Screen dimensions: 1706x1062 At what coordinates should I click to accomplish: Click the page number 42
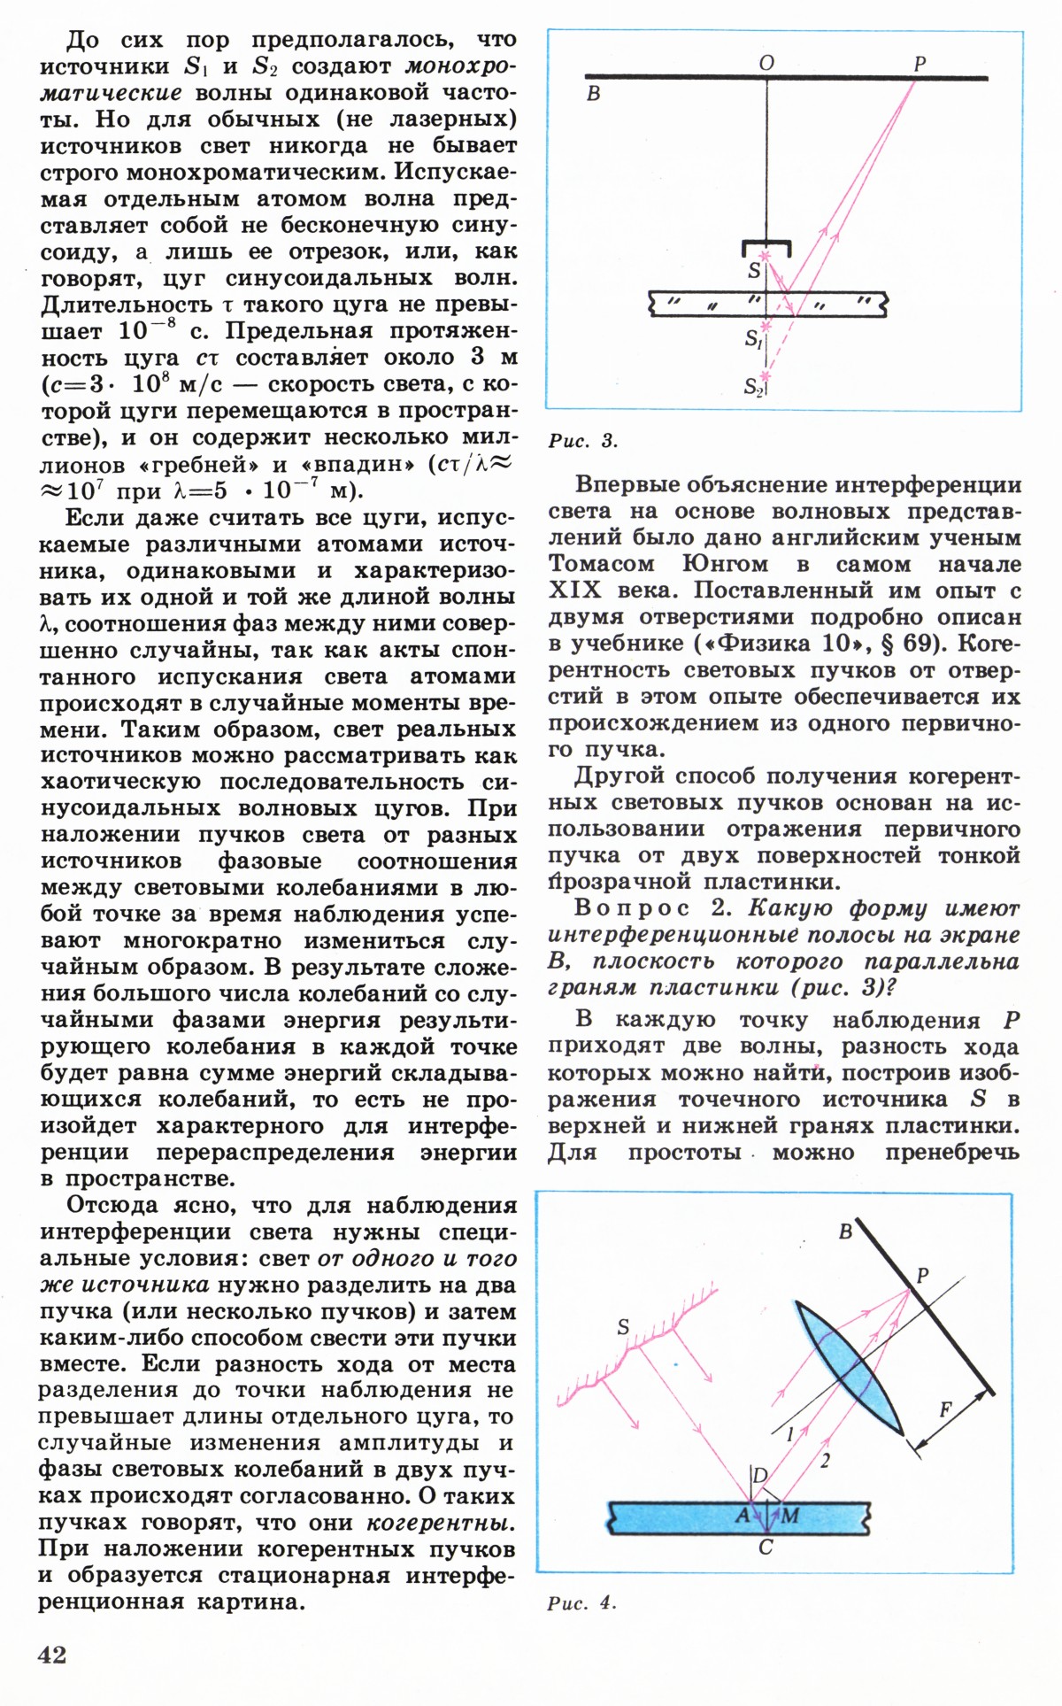53,1655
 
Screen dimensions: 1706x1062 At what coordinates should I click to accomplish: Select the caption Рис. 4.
581,1602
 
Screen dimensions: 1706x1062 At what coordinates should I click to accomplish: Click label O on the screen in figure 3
766,63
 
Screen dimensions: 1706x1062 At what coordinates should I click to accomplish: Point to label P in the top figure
919,64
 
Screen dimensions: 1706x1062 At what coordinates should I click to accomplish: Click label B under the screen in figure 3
594,94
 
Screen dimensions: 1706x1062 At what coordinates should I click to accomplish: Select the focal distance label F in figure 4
945,1409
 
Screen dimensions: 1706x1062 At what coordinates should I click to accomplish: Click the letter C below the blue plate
766,1547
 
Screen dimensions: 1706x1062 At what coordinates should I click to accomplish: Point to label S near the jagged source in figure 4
623,1326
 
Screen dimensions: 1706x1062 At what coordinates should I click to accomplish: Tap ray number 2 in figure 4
825,1461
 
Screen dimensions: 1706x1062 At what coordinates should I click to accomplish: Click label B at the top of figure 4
846,1231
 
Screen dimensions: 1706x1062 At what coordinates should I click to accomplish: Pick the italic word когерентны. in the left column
441,1524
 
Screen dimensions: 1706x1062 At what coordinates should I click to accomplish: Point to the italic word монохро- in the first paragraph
460,66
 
